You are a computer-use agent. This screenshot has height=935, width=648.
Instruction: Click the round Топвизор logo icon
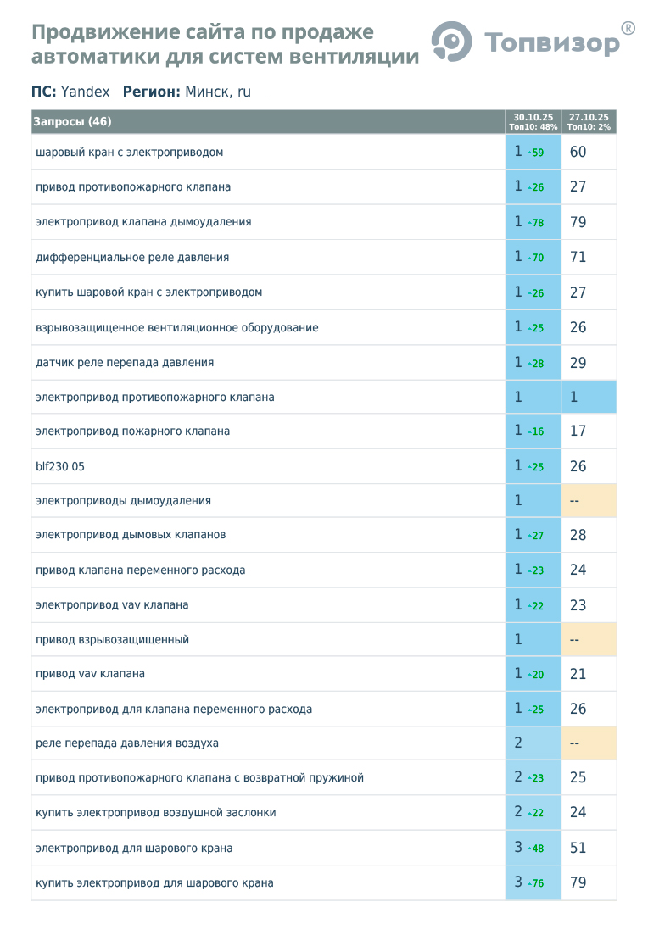click(x=451, y=40)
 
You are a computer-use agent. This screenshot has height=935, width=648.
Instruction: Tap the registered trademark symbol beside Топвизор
click(x=628, y=28)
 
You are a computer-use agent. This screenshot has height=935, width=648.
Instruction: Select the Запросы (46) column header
click(x=72, y=122)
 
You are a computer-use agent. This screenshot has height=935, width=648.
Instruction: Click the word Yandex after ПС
click(x=85, y=92)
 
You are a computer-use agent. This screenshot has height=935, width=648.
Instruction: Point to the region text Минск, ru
click(x=218, y=92)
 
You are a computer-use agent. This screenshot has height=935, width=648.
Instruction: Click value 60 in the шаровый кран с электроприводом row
click(x=578, y=153)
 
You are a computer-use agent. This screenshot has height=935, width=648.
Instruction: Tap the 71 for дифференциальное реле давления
click(x=578, y=257)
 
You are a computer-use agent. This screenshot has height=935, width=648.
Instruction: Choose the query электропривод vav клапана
click(x=112, y=605)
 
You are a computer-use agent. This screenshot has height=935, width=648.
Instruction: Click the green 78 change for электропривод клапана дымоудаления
click(x=537, y=223)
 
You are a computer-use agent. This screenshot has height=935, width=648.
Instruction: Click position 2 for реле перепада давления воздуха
click(x=518, y=743)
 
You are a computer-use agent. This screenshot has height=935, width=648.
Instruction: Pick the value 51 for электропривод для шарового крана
click(x=578, y=848)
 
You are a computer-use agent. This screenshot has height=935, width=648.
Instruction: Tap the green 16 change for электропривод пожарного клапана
click(x=537, y=432)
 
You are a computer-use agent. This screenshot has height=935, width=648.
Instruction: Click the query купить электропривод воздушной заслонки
click(x=155, y=813)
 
